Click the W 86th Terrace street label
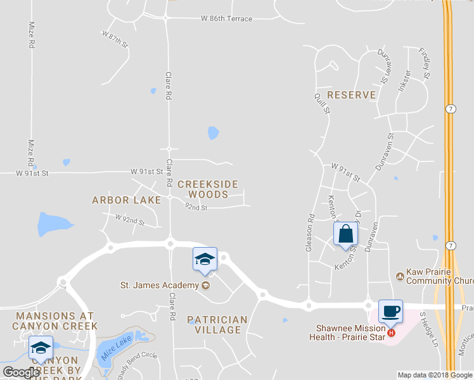[x=217, y=19]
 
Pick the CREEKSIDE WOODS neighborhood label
[x=208, y=189]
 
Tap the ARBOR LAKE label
[x=127, y=200]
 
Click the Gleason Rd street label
[x=310, y=232]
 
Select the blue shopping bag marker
[x=346, y=234]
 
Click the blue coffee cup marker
[x=390, y=312]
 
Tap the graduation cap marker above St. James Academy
[x=205, y=259]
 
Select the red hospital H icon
[x=391, y=332]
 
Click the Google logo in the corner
[x=21, y=372]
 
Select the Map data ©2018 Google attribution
[x=435, y=375]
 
